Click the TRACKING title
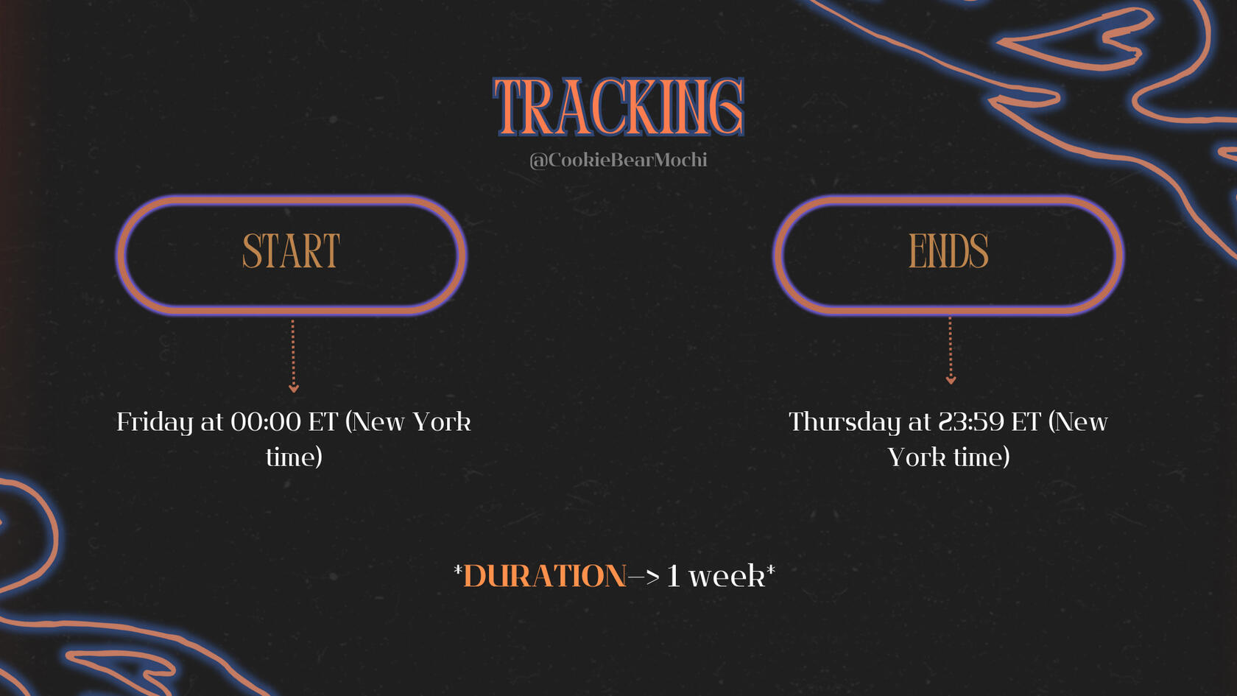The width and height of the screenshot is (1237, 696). click(x=618, y=107)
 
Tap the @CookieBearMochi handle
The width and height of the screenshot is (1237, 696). click(x=618, y=160)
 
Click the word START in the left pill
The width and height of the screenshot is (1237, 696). click(x=291, y=250)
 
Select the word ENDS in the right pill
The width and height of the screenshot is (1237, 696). click(x=948, y=250)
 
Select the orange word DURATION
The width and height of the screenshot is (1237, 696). click(x=545, y=576)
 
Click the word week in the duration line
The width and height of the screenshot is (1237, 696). click(x=727, y=576)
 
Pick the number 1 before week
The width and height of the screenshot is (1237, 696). click(x=673, y=576)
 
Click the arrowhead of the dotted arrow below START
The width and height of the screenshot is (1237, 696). click(x=294, y=388)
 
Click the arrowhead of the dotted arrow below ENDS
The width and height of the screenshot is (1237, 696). click(x=951, y=380)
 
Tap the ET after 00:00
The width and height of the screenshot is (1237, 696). click(x=323, y=422)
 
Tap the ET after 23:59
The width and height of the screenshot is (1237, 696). click(x=1026, y=422)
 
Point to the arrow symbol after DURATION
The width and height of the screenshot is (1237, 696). click(x=644, y=577)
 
